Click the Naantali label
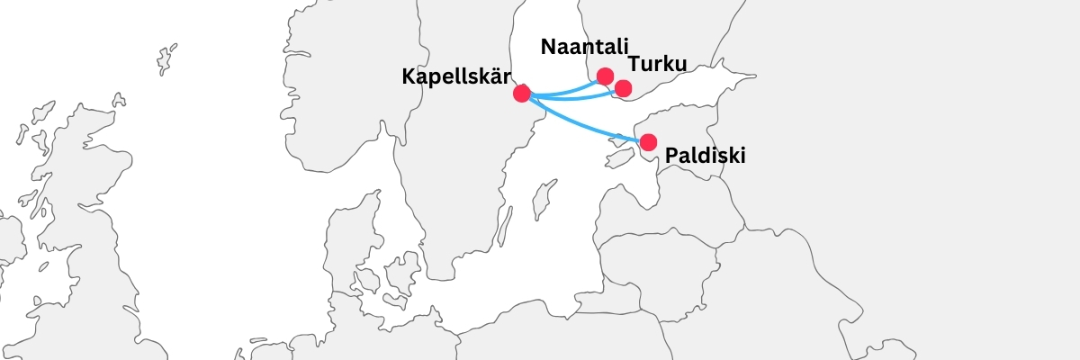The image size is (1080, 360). pyautogui.click(x=585, y=48)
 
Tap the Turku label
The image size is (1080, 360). pyautogui.click(x=657, y=65)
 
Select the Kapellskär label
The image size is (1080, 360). pyautogui.click(x=456, y=76)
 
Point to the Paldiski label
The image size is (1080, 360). pyautogui.click(x=706, y=157)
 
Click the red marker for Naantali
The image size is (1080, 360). pyautogui.click(x=605, y=76)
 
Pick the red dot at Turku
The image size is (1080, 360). pyautogui.click(x=623, y=88)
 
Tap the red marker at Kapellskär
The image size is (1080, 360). pyautogui.click(x=521, y=93)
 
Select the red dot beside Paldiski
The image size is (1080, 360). pyautogui.click(x=648, y=141)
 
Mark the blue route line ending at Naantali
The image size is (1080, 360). pyautogui.click(x=567, y=87)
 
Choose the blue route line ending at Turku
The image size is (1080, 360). pyautogui.click(x=576, y=96)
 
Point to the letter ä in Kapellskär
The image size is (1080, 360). pyautogui.click(x=496, y=76)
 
